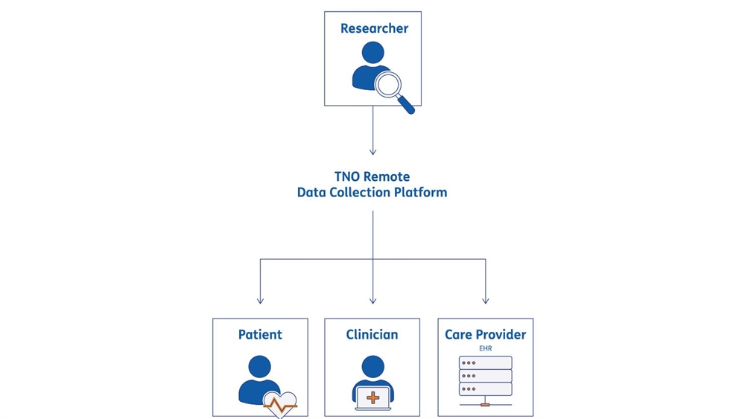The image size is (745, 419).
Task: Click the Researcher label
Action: click(375, 28)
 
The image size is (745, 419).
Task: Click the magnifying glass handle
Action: click(406, 105)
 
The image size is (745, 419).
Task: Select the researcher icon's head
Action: click(373, 53)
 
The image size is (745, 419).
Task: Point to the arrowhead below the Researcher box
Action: click(373, 151)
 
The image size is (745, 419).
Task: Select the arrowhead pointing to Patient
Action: click(260, 301)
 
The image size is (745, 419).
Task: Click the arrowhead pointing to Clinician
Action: click(373, 301)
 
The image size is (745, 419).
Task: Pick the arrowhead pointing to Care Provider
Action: click(486, 301)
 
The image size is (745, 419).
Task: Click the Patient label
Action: click(260, 335)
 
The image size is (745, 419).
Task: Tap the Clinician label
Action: click(372, 335)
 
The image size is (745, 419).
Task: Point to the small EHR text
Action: click(486, 348)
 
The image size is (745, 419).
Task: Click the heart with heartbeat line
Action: click(280, 405)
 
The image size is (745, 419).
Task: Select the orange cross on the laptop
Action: click(373, 397)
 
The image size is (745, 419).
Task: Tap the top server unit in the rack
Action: click(486, 363)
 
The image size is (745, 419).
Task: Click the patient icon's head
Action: click(260, 367)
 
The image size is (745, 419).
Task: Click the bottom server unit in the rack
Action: click(486, 389)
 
